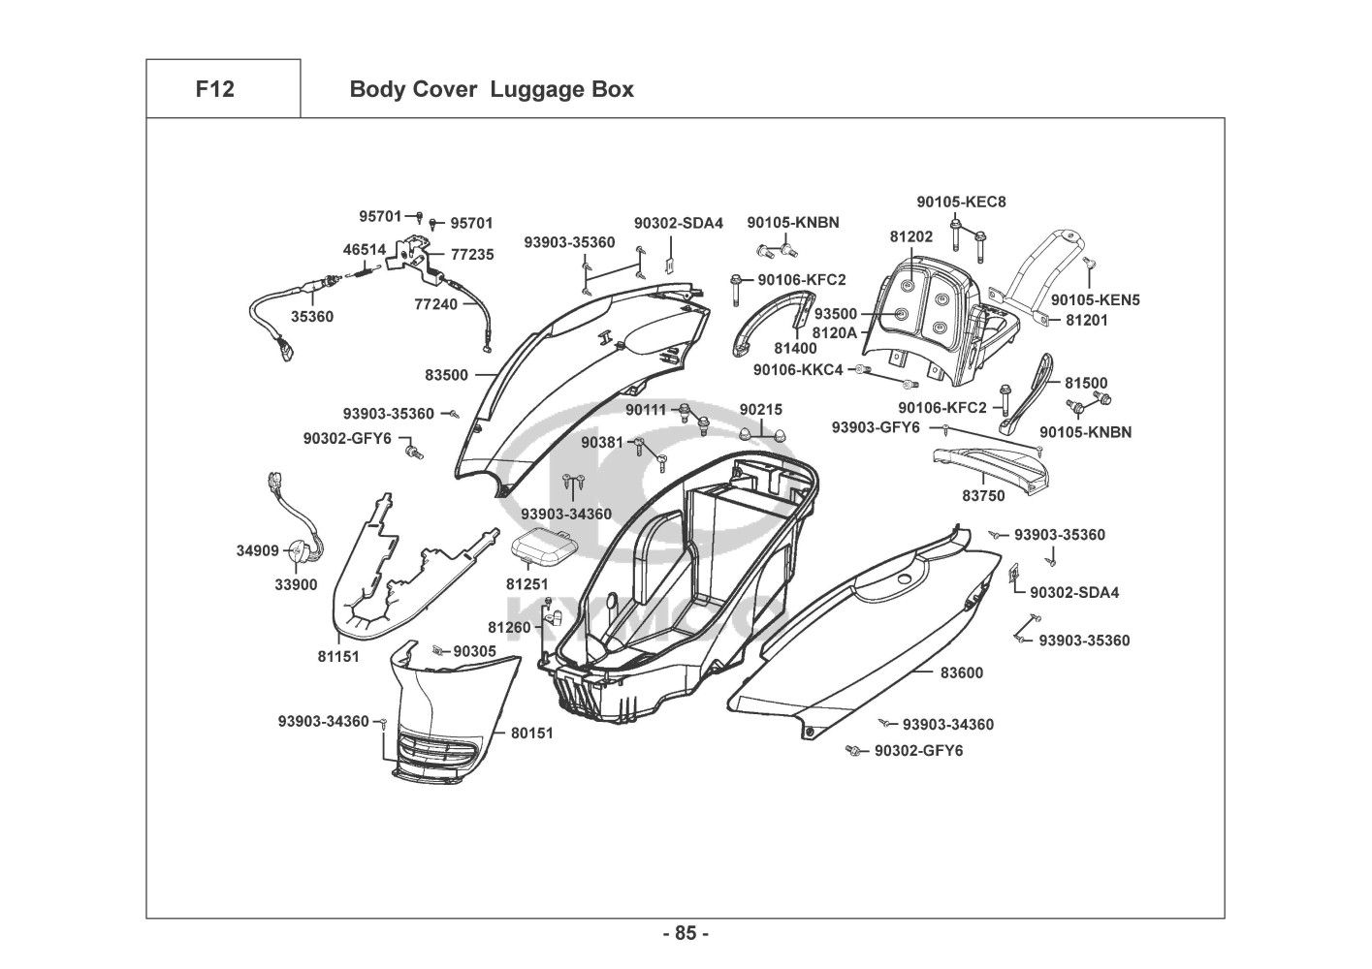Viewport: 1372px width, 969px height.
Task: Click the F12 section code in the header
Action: point(214,90)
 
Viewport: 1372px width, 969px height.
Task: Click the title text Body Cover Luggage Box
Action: point(491,90)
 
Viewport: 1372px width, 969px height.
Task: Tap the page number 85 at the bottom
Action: point(686,934)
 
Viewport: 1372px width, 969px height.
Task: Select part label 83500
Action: point(446,375)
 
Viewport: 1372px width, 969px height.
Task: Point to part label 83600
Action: point(961,672)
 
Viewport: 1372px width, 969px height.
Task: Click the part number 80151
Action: point(531,734)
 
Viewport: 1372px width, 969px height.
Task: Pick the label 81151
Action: point(338,657)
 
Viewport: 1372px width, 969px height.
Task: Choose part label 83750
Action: point(983,496)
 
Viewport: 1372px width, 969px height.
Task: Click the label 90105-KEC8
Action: point(961,203)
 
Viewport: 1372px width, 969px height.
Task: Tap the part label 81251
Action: point(526,584)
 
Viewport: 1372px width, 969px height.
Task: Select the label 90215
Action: point(760,410)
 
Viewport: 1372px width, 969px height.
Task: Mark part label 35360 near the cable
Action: point(311,317)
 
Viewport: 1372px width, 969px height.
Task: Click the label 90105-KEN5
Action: point(1096,300)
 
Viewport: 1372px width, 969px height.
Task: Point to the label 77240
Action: point(435,303)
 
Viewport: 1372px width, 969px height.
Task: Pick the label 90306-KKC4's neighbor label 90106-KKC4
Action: point(798,370)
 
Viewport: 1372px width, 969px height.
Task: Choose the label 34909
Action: point(257,551)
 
